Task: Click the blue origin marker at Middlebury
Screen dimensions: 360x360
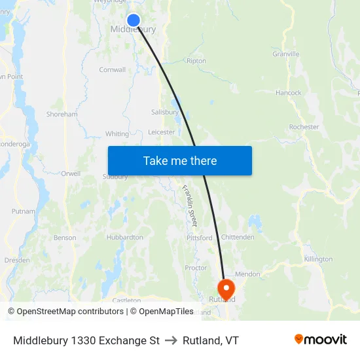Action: (133, 20)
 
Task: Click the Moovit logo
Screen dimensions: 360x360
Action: (321, 340)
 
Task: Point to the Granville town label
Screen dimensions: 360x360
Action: (286, 54)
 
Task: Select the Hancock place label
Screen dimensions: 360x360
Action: (289, 93)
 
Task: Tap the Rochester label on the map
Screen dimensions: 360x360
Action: (304, 127)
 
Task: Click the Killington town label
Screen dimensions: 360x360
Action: (318, 259)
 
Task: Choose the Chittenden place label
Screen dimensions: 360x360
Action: (238, 237)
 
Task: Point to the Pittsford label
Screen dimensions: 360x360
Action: (200, 238)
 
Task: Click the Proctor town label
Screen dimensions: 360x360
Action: (196, 268)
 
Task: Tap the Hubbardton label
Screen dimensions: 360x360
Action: (124, 238)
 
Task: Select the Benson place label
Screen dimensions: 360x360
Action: (65, 238)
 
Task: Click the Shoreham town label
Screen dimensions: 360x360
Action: (62, 114)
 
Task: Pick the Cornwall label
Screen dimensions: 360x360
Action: (112, 69)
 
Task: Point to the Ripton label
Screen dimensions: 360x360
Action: (196, 61)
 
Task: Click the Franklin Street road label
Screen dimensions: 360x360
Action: (189, 206)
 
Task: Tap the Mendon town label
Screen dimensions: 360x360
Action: (247, 274)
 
